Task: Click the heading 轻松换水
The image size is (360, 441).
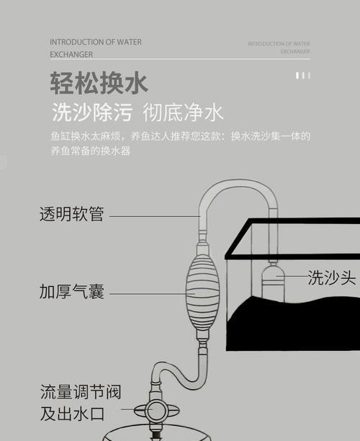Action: coord(99,83)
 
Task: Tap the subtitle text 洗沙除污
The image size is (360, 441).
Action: coord(92,112)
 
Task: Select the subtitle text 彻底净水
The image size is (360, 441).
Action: coord(183,112)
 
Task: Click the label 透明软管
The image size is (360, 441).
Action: coord(72,214)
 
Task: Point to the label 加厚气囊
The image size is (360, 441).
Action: coord(72,291)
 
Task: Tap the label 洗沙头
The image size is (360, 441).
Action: coord(332,277)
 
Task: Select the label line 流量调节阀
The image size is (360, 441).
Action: coord(81,392)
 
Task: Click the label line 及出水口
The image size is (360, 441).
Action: coord(72,414)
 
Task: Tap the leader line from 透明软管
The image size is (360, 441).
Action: coord(155,216)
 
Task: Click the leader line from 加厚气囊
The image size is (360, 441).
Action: coord(152,294)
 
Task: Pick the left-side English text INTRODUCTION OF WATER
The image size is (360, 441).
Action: coord(96,43)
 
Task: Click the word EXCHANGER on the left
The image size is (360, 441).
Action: coord(71,54)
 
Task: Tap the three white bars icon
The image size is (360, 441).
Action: coord(303,76)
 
